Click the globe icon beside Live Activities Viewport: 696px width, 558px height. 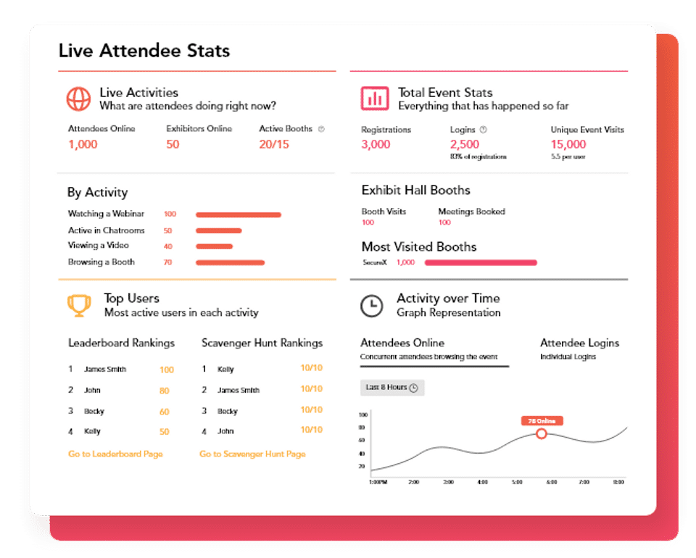click(x=78, y=99)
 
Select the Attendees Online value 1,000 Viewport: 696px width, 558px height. click(x=83, y=144)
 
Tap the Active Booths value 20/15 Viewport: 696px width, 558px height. click(x=274, y=144)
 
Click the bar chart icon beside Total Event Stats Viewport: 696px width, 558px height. click(x=374, y=99)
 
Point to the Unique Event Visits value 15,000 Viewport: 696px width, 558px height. click(x=568, y=144)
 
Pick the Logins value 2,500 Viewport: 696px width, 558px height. click(x=465, y=144)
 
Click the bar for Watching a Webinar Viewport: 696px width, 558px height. click(x=238, y=215)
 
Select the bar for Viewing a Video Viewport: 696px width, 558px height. click(x=214, y=246)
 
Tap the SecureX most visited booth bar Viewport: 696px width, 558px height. click(x=481, y=262)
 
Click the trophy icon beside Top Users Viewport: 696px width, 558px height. click(x=78, y=304)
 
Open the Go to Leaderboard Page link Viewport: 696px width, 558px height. click(x=115, y=454)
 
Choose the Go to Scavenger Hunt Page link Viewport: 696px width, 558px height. click(x=252, y=454)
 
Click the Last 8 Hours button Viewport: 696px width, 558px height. click(x=392, y=388)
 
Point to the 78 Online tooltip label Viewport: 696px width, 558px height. click(x=542, y=420)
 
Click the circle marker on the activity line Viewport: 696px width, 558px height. click(x=542, y=433)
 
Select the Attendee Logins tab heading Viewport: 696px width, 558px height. click(x=579, y=343)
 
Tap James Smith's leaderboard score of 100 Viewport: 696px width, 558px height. click(x=167, y=370)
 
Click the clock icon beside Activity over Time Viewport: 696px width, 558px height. click(x=372, y=305)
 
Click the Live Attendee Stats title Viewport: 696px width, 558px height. click(x=144, y=51)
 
